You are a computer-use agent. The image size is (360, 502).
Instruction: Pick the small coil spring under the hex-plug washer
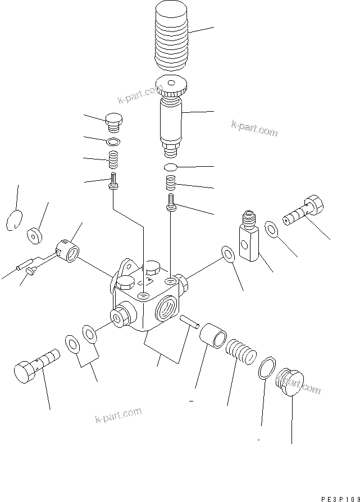pos(114,161)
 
